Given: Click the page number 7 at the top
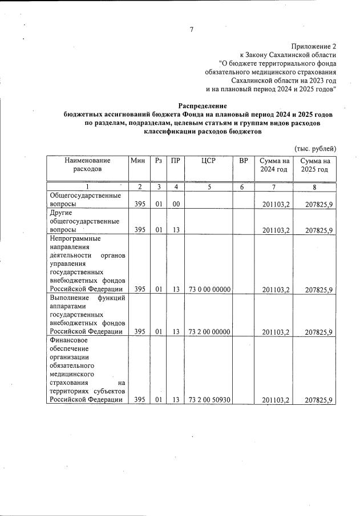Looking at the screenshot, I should point(192,30).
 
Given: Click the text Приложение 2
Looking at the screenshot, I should point(314,46).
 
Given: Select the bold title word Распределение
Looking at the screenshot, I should point(203,106).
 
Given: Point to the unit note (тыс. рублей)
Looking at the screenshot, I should point(315,148).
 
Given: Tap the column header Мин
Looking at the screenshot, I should point(138,161).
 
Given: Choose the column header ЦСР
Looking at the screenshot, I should point(208,161).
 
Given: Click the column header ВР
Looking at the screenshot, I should point(244,161).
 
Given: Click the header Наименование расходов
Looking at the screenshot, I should point(87,165).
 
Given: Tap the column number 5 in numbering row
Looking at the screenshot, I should point(209,186).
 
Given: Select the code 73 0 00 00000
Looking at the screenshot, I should point(209,290).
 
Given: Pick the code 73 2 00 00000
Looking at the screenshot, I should point(209,332).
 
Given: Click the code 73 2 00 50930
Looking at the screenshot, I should point(209,400).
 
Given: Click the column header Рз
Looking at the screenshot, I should point(159,161).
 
